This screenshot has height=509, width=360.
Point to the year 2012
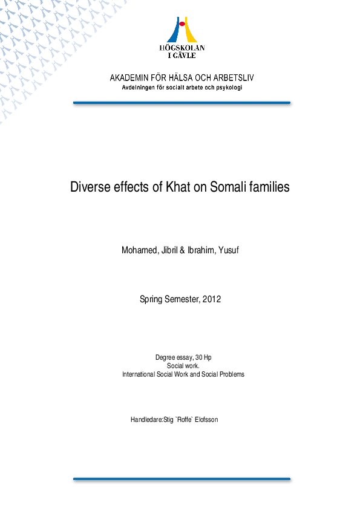coord(212,299)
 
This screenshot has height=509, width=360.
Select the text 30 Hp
coord(203,358)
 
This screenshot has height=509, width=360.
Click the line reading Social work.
coord(183,366)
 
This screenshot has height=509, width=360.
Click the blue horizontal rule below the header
coord(182,103)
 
